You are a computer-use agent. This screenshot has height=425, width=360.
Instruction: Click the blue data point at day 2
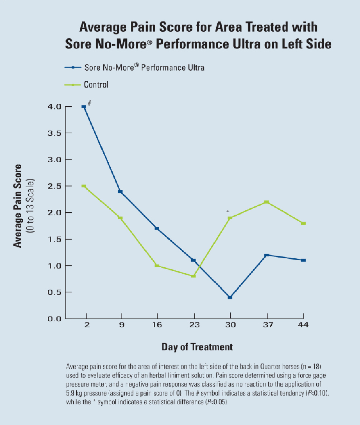[84, 106]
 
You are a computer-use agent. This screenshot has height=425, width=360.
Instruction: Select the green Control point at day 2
[84, 186]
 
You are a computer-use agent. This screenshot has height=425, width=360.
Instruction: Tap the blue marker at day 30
[230, 297]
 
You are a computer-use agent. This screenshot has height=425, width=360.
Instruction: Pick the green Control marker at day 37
[267, 202]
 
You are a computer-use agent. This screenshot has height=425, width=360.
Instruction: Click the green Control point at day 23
[194, 276]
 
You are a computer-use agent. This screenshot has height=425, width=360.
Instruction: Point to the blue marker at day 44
[303, 260]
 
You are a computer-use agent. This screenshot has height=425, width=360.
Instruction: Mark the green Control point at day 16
[157, 266]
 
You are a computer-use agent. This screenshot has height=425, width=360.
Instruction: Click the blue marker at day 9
[120, 192]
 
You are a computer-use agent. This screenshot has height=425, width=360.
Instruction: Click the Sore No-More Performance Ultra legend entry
[144, 67]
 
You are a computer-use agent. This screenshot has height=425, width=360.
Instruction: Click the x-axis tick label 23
[194, 325]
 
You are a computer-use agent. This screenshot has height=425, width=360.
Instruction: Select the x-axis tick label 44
[303, 325]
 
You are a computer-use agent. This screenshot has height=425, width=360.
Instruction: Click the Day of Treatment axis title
[197, 347]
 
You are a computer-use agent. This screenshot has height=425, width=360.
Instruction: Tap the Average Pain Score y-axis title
[17, 206]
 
